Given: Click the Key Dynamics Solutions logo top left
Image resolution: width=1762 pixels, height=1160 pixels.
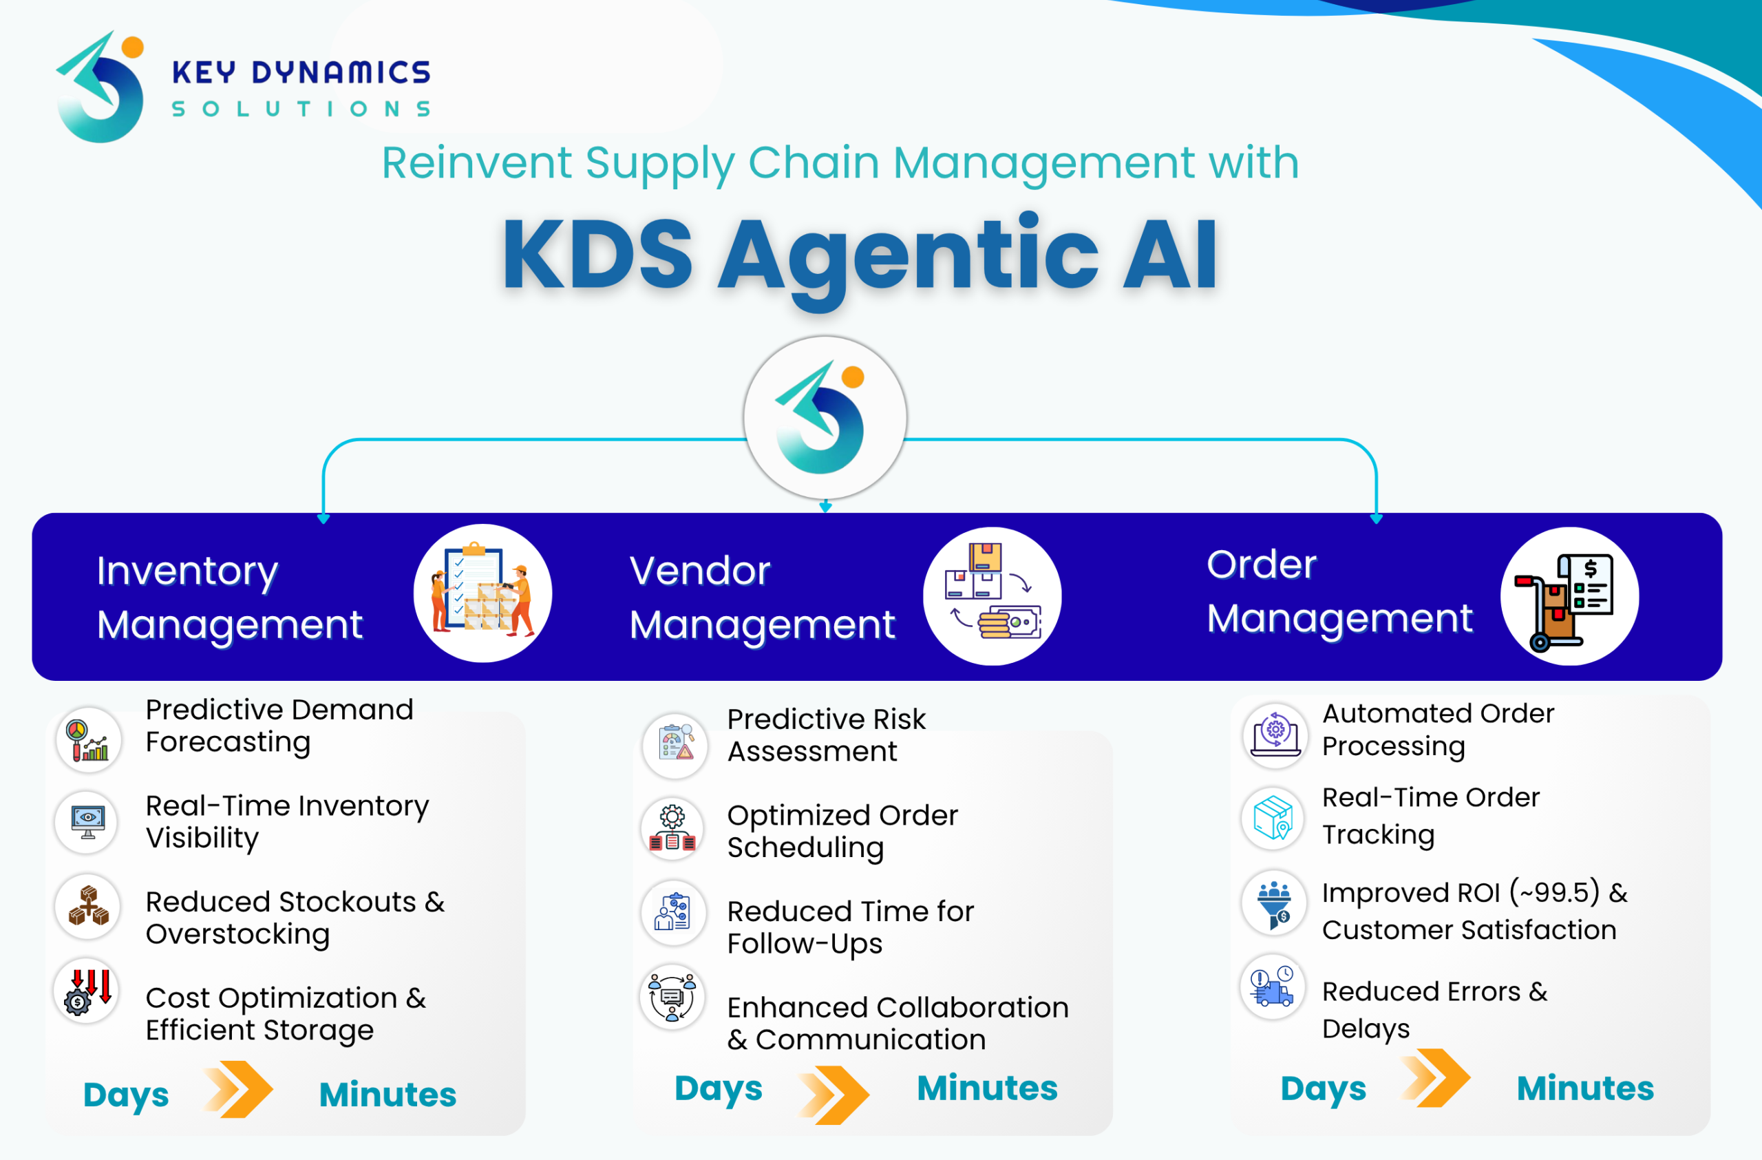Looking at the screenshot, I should [100, 87].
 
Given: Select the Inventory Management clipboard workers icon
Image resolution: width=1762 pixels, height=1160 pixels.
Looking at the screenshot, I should [482, 593].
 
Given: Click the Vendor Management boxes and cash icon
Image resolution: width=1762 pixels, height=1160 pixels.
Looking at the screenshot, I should [992, 596].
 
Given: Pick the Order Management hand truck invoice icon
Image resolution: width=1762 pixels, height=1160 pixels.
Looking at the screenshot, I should [1569, 597].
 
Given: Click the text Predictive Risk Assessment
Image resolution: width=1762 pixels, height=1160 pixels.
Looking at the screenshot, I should [825, 735].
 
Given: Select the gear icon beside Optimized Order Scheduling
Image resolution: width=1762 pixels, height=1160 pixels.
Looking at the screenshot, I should [672, 828].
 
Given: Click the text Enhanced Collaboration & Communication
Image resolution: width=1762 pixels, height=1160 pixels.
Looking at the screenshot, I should [897, 1023].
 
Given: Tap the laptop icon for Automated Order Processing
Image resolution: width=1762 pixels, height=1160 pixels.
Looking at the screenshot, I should [1274, 735].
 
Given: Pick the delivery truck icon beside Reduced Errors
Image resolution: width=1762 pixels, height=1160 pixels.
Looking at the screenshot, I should [1273, 987].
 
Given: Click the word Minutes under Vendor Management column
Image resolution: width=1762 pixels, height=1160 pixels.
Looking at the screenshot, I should [987, 1088].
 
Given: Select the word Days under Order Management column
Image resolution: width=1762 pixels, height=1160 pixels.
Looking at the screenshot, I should [1323, 1090].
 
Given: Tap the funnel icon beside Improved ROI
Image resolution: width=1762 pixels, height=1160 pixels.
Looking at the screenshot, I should [1274, 903].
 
